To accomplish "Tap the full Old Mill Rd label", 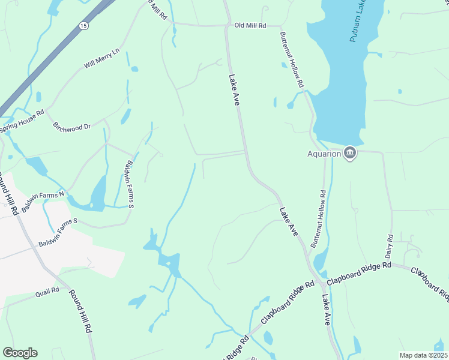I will pos(250,25).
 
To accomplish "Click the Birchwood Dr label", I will pos(71,127).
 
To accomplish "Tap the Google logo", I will pos(20,353).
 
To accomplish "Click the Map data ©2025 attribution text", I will pos(423,355).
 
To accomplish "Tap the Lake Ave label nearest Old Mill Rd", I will pos(234,90).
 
